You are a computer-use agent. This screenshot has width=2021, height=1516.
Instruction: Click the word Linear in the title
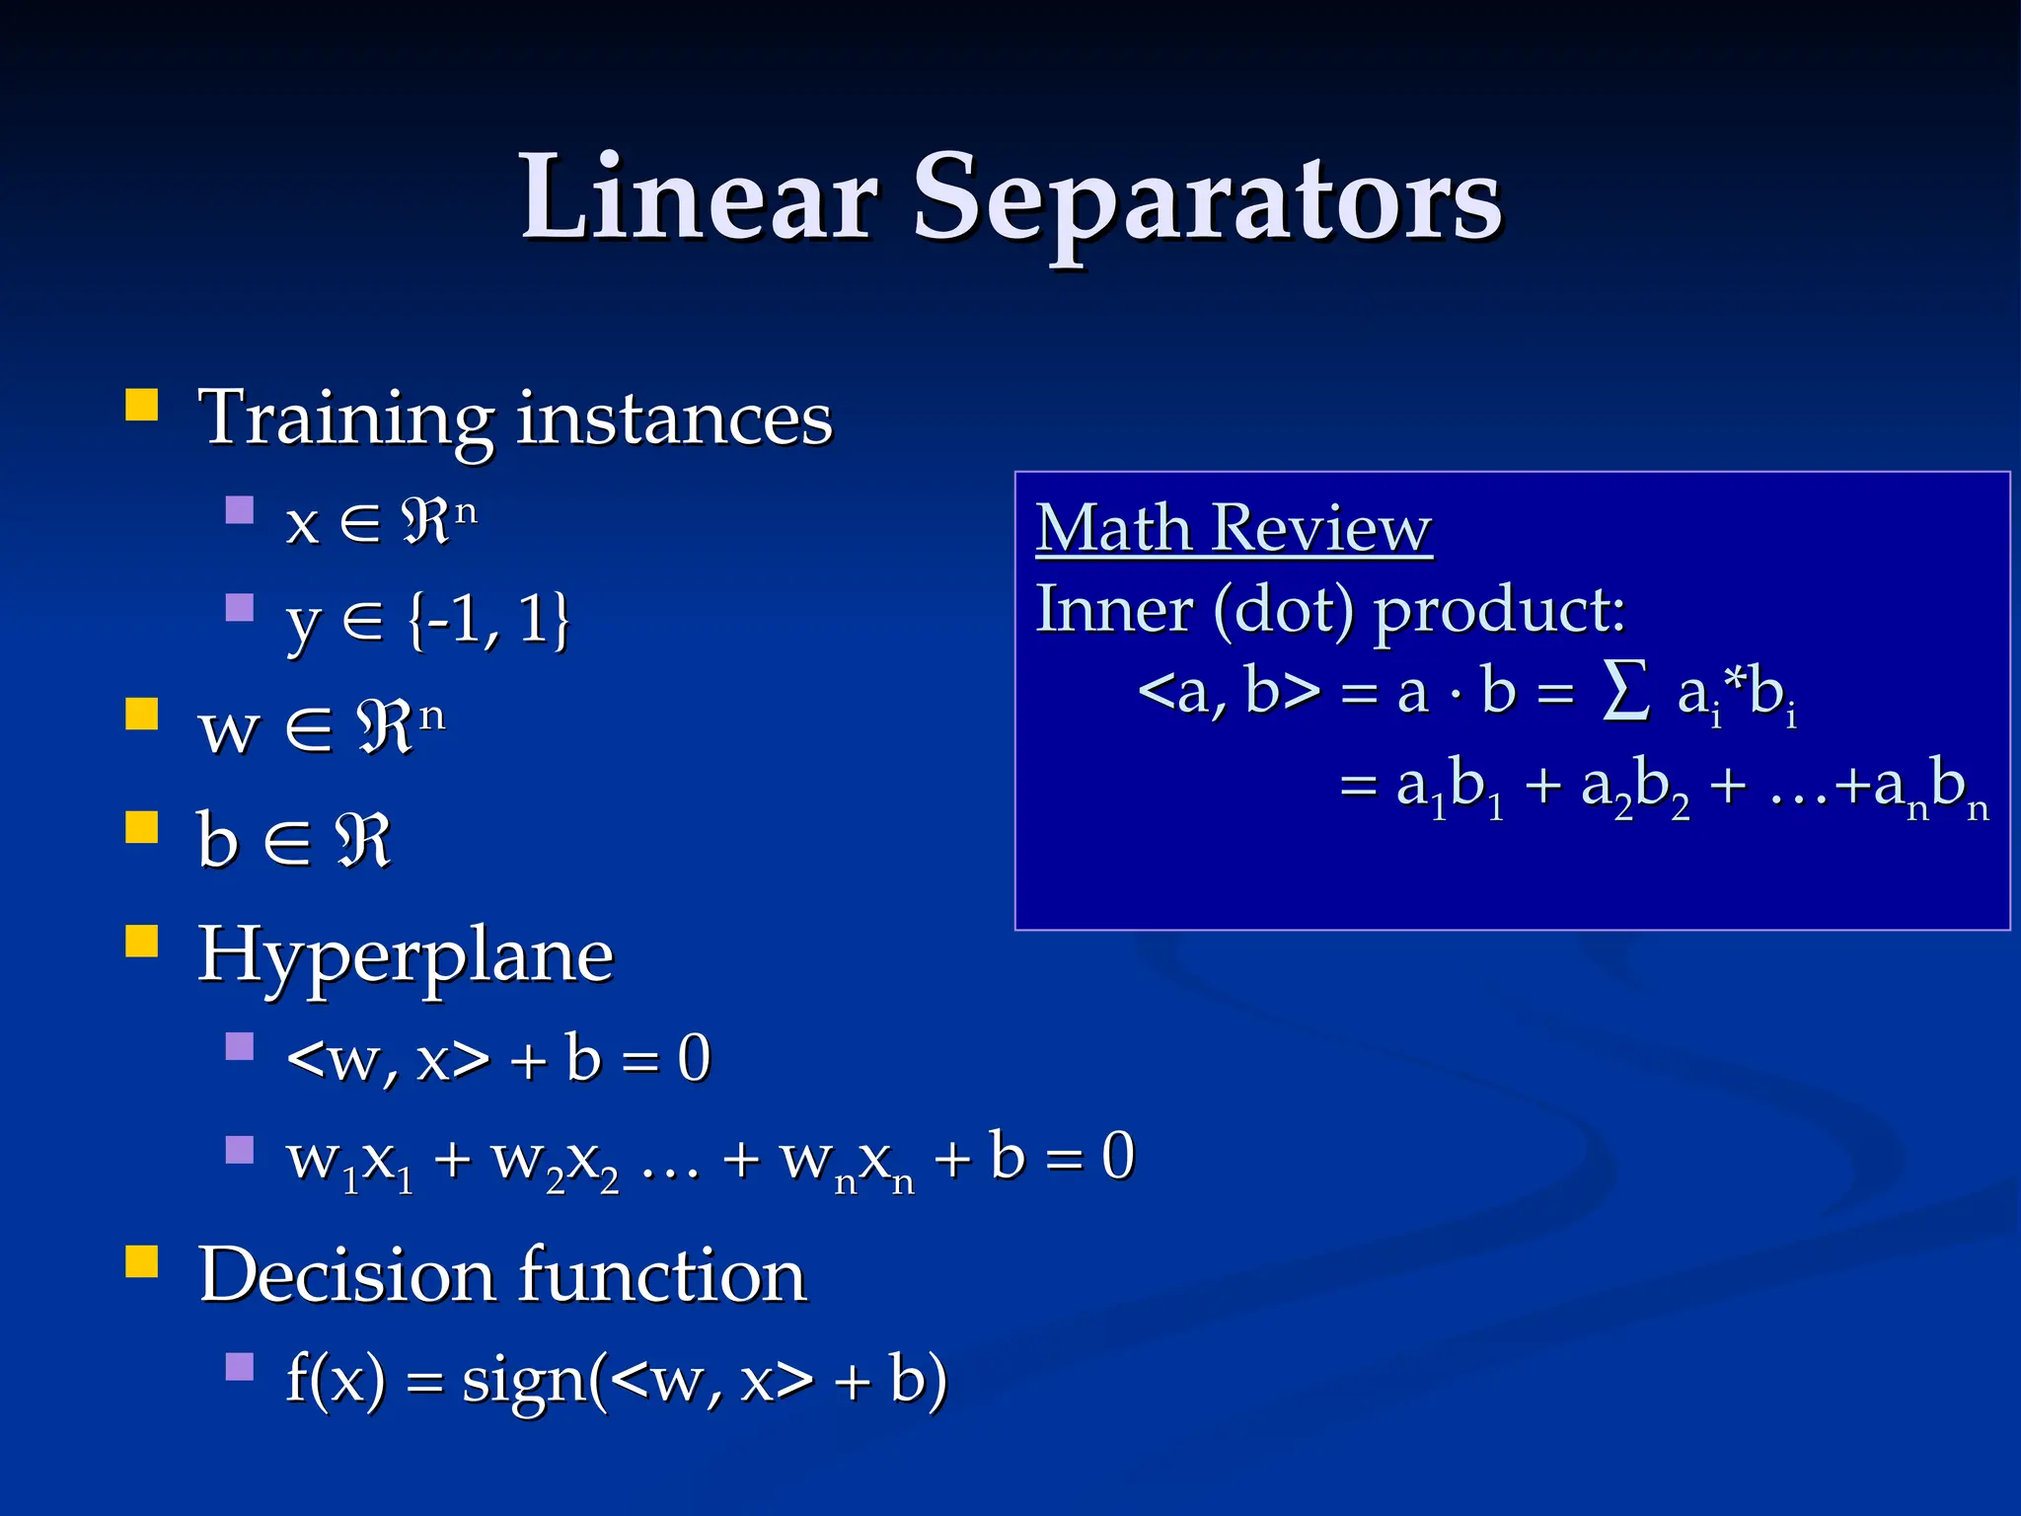[699, 197]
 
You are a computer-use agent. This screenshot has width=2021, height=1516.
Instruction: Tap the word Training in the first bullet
[345, 418]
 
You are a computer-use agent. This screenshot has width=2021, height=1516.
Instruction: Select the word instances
[674, 418]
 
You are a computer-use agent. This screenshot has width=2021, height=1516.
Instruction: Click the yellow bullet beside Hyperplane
[142, 942]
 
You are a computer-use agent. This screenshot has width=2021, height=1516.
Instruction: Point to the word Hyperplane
[406, 957]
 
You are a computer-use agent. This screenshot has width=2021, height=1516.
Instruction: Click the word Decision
[345, 1275]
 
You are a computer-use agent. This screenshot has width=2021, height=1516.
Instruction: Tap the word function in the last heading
[662, 1275]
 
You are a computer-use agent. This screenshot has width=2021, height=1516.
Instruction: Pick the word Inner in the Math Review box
[1113, 609]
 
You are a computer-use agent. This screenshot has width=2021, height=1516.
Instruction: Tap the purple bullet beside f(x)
[240, 1367]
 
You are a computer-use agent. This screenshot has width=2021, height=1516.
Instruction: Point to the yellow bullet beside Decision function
[142, 1261]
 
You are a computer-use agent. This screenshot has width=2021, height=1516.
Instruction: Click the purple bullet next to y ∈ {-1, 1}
[240, 606]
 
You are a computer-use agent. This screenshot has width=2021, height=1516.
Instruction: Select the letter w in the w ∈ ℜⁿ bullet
[229, 731]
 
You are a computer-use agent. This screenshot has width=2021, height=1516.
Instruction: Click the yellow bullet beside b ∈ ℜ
[142, 827]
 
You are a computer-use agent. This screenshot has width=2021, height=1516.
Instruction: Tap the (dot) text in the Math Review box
[1283, 609]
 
